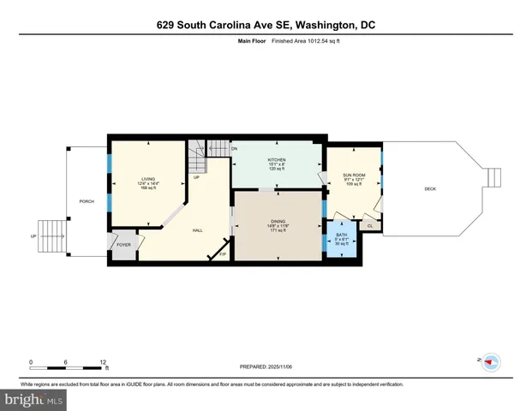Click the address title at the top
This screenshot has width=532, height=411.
coord(266,24)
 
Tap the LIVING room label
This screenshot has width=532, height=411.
coord(148,178)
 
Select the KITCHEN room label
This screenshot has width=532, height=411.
coord(276,160)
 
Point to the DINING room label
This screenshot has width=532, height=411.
coord(277,221)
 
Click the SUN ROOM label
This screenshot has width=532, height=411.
coord(354,175)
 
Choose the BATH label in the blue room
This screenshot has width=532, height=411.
coord(341,235)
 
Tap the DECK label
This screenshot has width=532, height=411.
coord(430,188)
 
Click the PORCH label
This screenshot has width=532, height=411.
coord(87,202)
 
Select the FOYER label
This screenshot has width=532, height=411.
coord(123,244)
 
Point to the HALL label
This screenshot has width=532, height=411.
coord(196,229)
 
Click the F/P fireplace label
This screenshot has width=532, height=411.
coord(223,254)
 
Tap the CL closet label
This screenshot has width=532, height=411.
coord(369,226)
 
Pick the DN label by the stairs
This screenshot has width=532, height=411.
coord(234,149)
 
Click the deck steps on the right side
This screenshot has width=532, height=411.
coord(493,177)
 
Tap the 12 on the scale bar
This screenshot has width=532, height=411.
coord(104,361)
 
